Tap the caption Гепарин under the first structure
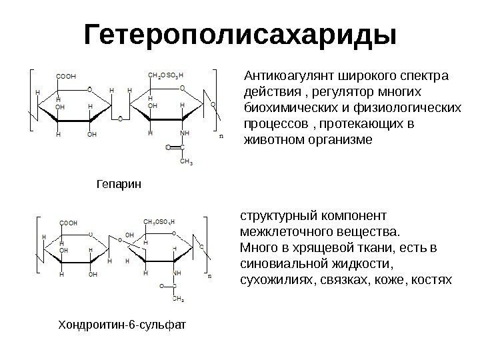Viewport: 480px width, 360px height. click(x=119, y=181)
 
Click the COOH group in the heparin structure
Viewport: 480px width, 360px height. click(x=66, y=76)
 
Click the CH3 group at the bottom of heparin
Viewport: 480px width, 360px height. click(x=188, y=161)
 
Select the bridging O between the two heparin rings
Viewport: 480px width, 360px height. click(x=119, y=120)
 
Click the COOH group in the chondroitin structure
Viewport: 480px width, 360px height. click(x=68, y=223)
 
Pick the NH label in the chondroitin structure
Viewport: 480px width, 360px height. click(x=177, y=273)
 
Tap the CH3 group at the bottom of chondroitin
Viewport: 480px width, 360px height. click(x=179, y=299)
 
